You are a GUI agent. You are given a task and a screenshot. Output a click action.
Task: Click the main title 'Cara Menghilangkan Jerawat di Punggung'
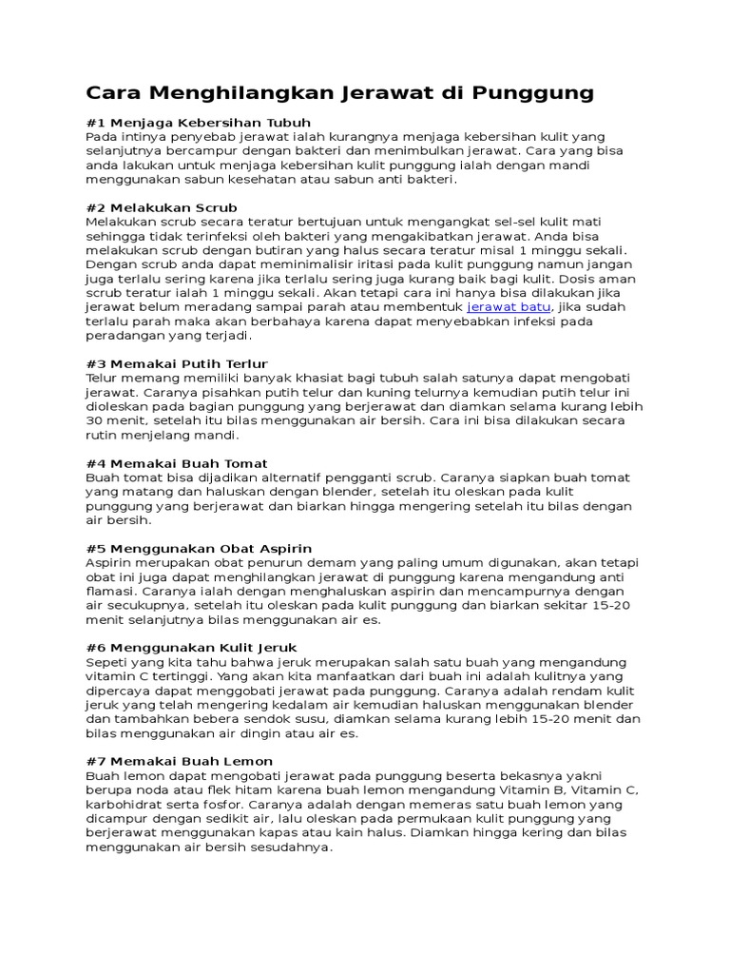339,93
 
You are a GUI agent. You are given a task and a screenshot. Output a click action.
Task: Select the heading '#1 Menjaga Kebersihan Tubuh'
198,123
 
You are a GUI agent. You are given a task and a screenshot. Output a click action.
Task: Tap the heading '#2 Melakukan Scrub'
162,207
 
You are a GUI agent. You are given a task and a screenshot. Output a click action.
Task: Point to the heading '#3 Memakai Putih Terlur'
177,363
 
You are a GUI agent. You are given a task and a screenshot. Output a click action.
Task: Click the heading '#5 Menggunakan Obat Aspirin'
199,549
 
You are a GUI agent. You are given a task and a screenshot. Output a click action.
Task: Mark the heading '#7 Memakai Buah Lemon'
179,761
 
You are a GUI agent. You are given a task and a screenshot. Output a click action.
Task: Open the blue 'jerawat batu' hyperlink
509,307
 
